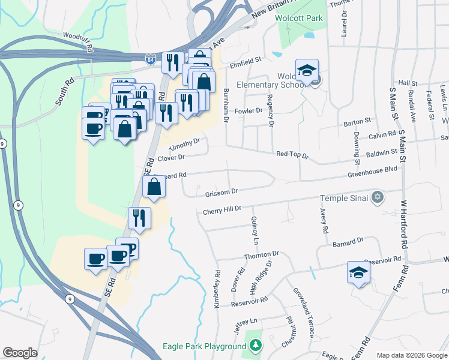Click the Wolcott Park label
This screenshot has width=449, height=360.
click(299, 18)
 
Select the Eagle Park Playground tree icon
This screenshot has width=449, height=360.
click(256, 346)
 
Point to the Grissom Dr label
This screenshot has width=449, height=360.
click(222, 191)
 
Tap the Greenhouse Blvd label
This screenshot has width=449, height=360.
click(373, 170)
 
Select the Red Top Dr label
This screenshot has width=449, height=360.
click(292, 155)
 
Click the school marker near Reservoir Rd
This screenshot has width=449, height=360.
click(359, 273)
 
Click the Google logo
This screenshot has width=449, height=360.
click(20, 353)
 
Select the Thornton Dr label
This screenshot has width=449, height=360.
click(262, 255)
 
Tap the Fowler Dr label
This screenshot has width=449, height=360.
click(249, 110)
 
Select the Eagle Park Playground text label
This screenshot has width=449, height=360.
click(204, 346)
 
